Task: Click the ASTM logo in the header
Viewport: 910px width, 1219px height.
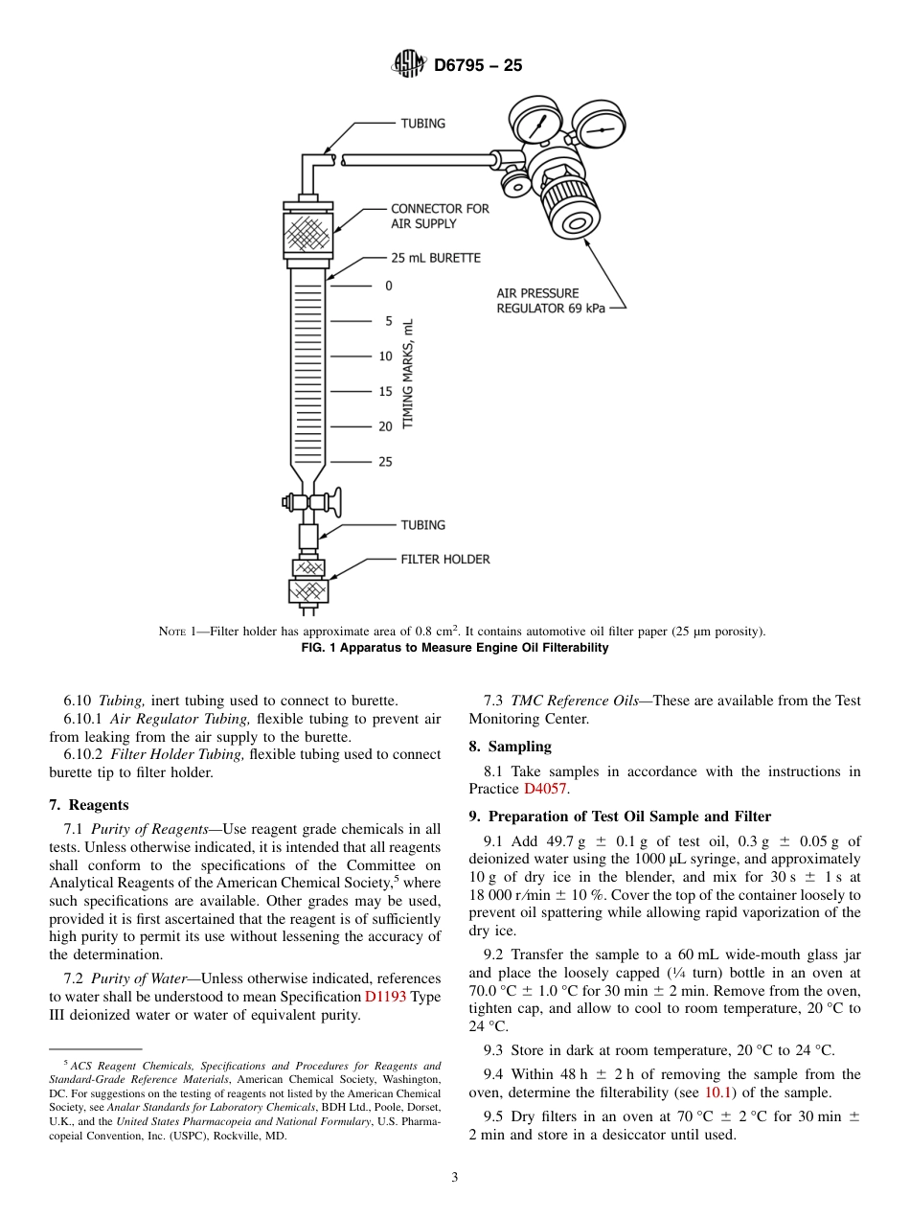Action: click(x=409, y=65)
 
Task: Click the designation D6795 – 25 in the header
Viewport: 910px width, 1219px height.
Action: click(x=478, y=66)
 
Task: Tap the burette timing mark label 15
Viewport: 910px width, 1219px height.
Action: click(x=385, y=391)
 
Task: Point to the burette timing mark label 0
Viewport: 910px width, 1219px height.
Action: click(x=388, y=286)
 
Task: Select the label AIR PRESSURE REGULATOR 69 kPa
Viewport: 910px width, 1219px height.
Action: click(x=551, y=301)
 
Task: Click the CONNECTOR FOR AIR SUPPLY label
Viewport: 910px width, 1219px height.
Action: click(x=440, y=216)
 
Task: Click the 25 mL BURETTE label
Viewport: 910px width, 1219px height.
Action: click(x=436, y=258)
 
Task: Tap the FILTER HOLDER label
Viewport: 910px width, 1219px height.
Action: click(x=445, y=559)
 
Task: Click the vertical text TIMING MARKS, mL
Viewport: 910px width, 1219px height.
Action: click(x=408, y=374)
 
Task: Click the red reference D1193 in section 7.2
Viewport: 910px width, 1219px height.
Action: click(x=385, y=997)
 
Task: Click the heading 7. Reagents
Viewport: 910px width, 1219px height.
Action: click(x=89, y=804)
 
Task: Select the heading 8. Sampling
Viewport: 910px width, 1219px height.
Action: click(x=510, y=746)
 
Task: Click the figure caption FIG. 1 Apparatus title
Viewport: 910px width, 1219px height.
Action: click(x=454, y=648)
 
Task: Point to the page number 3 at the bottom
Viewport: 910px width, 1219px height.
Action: click(x=455, y=1178)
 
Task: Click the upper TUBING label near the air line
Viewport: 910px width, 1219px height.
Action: click(x=422, y=124)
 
